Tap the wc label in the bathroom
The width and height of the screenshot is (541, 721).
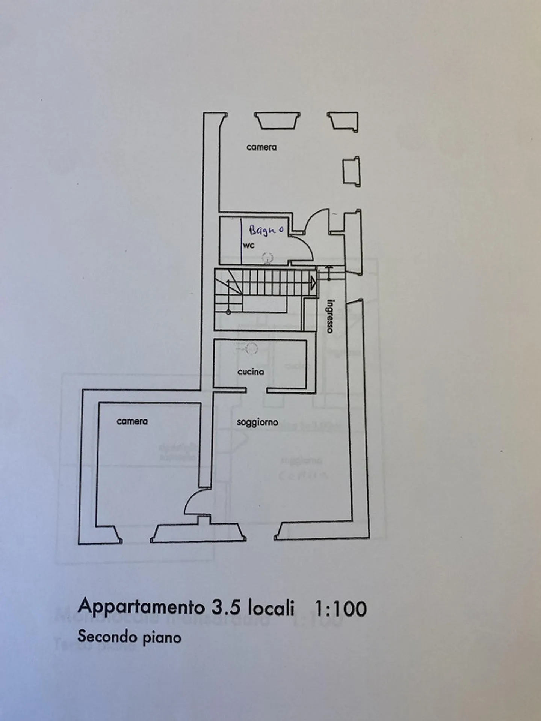tap(249, 246)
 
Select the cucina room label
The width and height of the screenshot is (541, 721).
tap(251, 372)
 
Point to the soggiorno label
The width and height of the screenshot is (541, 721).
tap(257, 422)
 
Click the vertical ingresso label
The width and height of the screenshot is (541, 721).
tap(330, 316)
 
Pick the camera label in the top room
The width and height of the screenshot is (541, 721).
tap(261, 147)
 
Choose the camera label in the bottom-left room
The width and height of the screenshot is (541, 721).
tap(132, 421)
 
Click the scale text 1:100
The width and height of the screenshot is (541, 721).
tap(340, 608)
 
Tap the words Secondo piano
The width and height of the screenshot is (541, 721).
tap(130, 637)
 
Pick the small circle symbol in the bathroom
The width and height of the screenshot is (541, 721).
tap(267, 258)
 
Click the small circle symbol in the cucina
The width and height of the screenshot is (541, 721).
tap(251, 348)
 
